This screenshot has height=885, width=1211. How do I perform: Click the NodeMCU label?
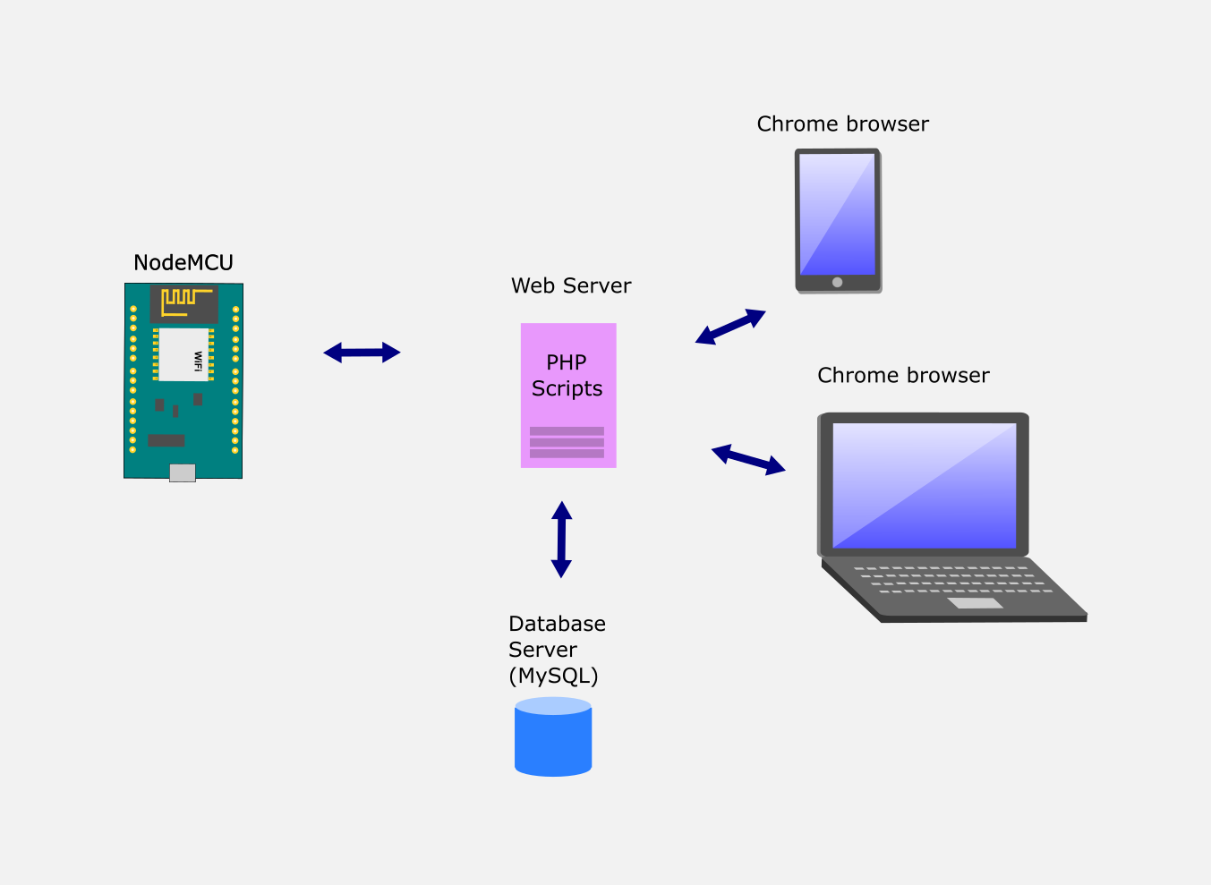pos(183,263)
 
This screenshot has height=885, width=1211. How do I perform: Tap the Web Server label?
pos(571,285)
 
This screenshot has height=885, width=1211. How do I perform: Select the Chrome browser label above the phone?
pos(843,123)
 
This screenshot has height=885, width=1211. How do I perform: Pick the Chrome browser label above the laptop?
pos(903,375)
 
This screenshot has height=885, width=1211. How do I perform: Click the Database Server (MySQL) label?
pos(557,650)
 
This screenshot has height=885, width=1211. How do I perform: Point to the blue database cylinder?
pos(553,736)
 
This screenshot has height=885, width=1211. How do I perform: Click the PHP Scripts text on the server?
pos(567,375)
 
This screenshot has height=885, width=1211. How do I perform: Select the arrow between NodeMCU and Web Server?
pos(362,353)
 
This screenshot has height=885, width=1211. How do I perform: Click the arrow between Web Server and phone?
pos(730,327)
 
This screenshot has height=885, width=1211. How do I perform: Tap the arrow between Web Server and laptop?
pos(748,460)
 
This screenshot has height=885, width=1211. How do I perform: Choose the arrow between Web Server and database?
pos(561,540)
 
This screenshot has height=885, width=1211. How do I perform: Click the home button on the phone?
pos(838,282)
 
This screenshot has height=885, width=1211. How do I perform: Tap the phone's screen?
pos(838,214)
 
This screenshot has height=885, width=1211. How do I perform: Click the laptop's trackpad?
pos(975,603)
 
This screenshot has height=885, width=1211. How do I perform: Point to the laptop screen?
pos(925,486)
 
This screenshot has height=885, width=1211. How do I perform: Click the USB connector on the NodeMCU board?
pos(183,472)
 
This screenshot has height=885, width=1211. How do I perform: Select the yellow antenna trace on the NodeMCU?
pos(186,302)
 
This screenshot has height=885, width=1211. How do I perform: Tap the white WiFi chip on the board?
pos(183,354)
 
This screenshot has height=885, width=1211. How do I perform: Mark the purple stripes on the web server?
pos(567,442)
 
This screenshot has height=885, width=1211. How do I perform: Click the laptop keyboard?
pos(953,580)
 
